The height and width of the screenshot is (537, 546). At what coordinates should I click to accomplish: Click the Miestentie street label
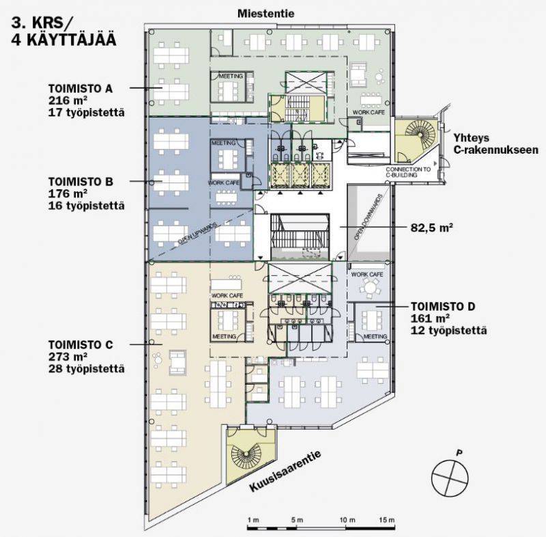[265, 14]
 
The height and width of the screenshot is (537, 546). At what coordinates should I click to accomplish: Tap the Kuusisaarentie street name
[285, 471]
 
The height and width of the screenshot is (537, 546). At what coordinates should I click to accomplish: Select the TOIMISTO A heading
[81, 89]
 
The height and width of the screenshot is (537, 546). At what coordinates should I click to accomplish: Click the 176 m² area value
[68, 193]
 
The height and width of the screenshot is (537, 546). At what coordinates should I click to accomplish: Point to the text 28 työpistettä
[87, 369]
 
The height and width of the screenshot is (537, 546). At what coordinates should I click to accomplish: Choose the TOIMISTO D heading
[443, 307]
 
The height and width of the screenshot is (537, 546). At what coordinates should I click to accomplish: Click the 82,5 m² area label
[432, 228]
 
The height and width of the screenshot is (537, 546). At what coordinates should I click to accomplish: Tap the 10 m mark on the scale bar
[347, 520]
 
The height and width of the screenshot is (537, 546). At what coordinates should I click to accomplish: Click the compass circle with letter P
[450, 477]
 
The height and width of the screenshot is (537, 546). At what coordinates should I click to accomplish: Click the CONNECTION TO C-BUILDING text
[408, 172]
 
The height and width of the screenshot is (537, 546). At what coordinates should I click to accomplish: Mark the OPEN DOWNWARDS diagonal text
[369, 217]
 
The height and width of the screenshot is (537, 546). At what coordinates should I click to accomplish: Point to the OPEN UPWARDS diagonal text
[197, 233]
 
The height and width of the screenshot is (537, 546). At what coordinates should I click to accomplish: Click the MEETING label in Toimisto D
[375, 336]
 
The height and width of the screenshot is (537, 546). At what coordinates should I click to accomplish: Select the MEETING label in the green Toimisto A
[231, 76]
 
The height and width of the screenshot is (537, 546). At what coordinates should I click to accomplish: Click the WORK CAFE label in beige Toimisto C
[227, 296]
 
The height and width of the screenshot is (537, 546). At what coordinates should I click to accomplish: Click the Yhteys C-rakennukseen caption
[496, 144]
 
